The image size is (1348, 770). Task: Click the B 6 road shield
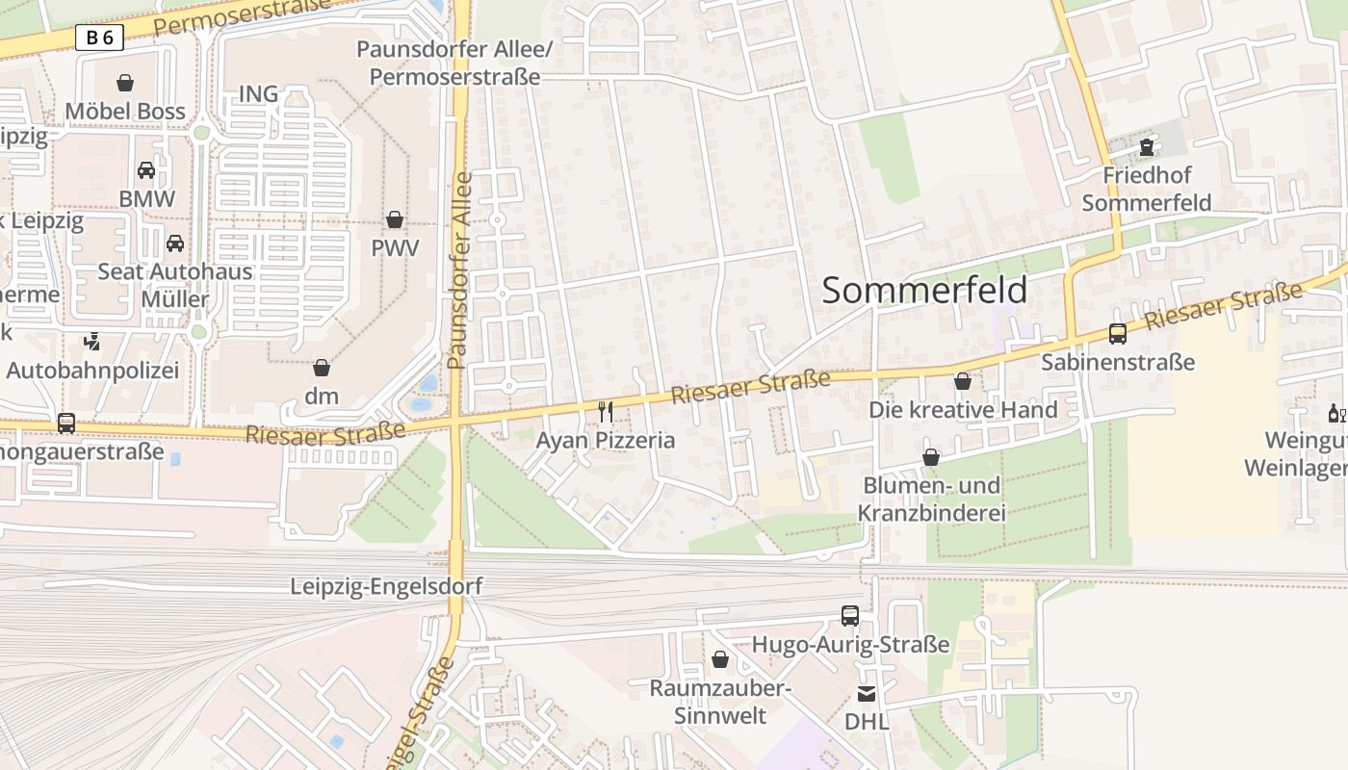[99, 38]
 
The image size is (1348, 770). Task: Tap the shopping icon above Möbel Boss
[125, 83]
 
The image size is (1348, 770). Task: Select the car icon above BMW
[146, 170]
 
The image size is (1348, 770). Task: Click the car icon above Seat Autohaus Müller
[175, 243]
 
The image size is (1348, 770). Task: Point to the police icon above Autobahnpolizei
[92, 341]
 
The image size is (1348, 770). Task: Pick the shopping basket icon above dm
[322, 368]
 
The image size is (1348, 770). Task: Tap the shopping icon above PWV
[395, 219]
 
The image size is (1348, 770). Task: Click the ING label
[258, 93]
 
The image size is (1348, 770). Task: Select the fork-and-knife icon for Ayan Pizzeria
[606, 412]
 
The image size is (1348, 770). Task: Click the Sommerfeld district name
[924, 290]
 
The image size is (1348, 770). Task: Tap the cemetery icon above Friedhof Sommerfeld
[1146, 147]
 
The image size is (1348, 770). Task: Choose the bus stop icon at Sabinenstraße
[1118, 334]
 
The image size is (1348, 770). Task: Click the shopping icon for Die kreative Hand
[962, 381]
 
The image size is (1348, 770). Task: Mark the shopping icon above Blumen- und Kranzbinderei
[931, 457]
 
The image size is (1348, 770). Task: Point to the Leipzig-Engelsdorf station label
[386, 586]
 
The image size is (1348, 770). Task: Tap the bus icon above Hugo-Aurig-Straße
[850, 616]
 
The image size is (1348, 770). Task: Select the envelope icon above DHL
[867, 693]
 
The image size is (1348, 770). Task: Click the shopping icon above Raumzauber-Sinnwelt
[719, 659]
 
